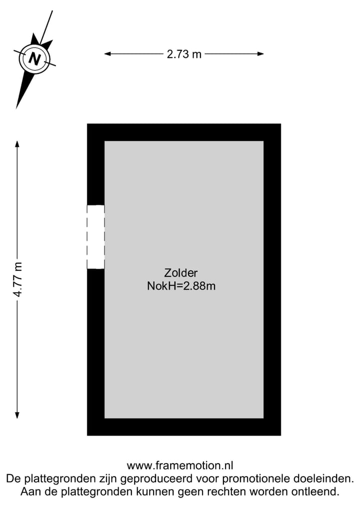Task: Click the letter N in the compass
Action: (34, 58)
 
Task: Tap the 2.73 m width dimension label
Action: (184, 54)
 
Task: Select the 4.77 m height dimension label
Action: (17, 280)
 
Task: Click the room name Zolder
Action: (180, 273)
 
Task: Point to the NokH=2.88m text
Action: (181, 286)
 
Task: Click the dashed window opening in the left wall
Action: (95, 237)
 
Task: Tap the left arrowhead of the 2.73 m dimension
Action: (107, 54)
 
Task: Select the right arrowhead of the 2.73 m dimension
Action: (260, 54)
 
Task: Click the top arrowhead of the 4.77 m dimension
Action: (17, 144)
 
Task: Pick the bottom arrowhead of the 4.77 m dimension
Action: (17, 415)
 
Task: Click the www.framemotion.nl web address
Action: (180, 466)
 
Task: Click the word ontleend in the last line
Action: (315, 492)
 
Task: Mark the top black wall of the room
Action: (184, 132)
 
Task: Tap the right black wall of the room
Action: (272, 280)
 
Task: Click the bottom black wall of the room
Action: (184, 427)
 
